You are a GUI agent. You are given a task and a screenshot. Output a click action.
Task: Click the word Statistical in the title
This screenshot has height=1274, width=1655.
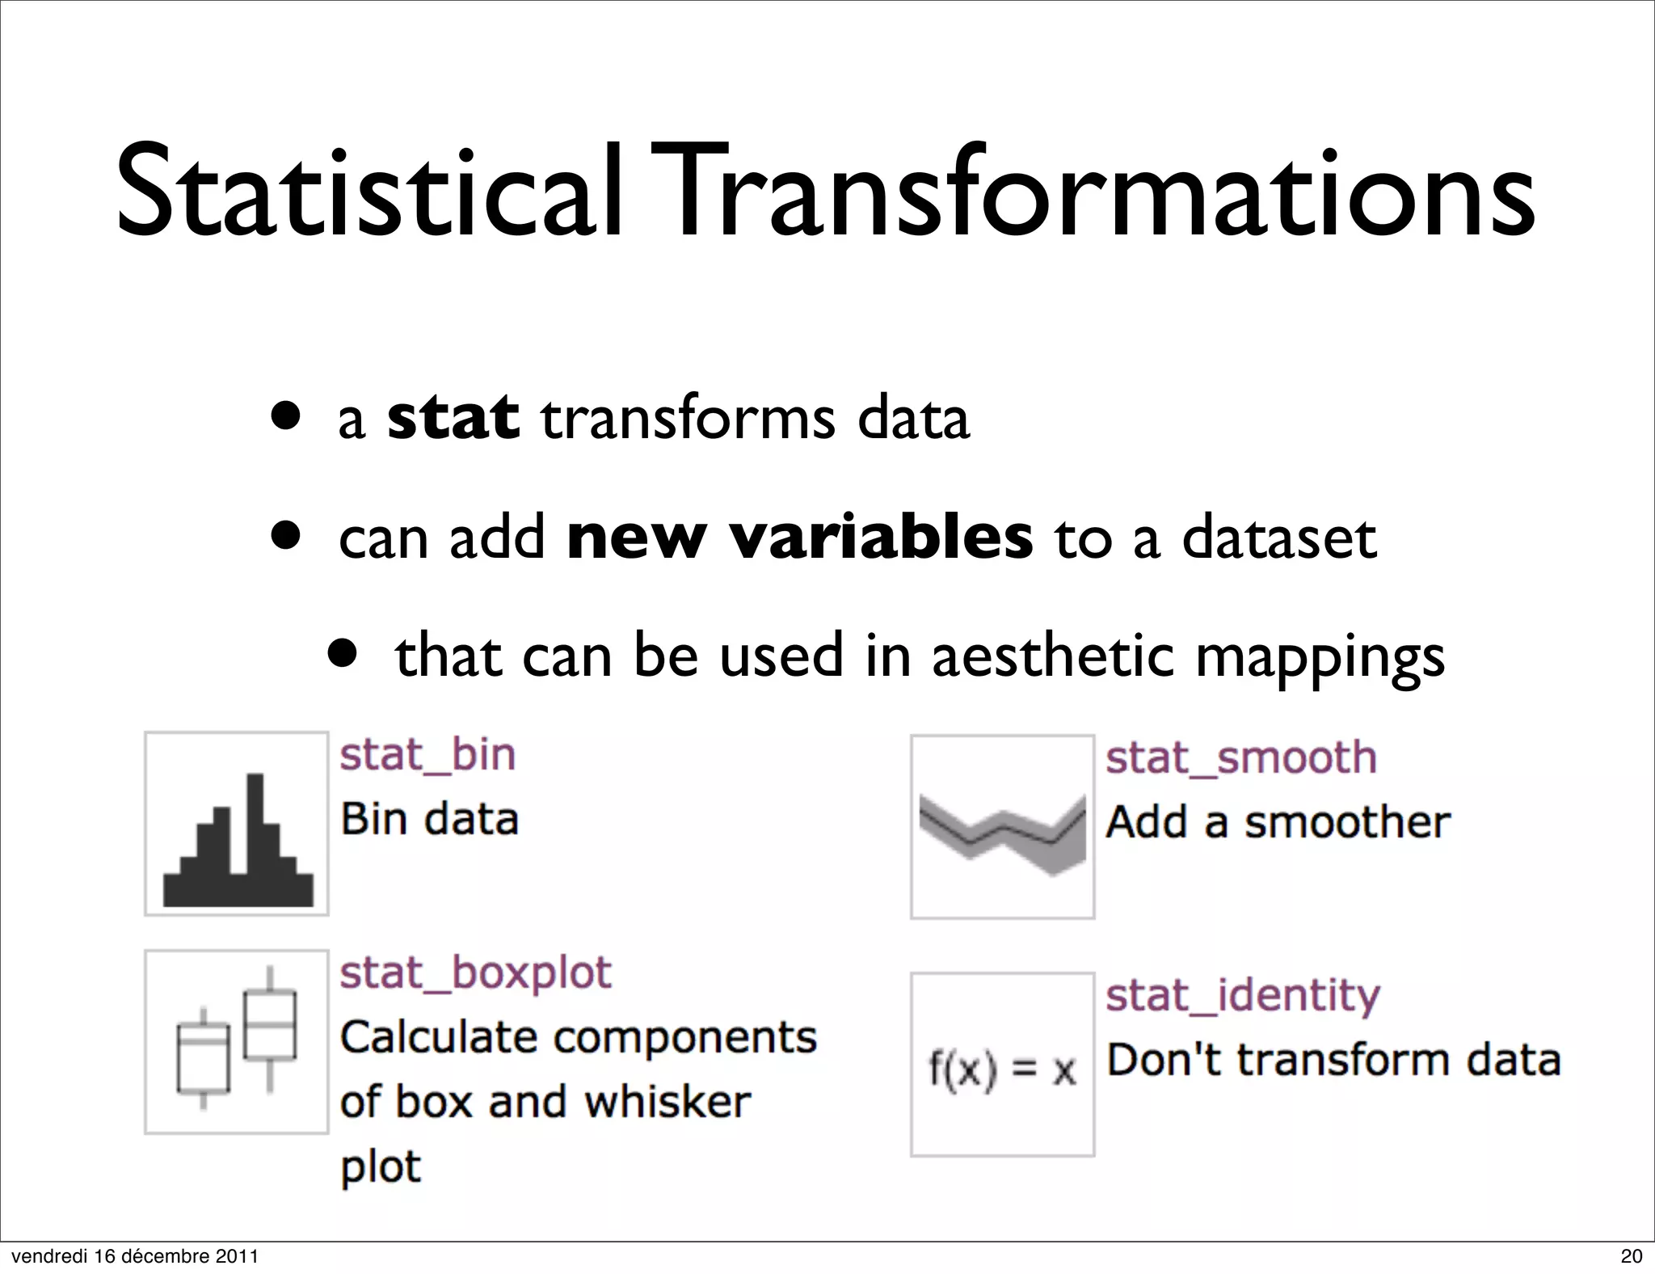368,194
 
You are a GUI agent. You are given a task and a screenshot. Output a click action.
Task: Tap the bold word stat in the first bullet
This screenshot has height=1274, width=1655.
453,418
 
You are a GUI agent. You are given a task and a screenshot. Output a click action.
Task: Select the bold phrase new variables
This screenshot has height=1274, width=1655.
799,537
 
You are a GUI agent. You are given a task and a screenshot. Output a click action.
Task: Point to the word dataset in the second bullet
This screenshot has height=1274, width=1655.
1278,538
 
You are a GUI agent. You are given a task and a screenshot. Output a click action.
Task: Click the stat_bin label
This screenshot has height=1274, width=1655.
427,755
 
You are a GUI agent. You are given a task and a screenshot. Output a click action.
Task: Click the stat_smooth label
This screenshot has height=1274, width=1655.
1240,758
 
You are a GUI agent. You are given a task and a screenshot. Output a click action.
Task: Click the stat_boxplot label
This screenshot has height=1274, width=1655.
475,972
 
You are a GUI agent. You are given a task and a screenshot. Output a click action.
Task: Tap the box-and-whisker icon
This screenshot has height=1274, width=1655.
237,1040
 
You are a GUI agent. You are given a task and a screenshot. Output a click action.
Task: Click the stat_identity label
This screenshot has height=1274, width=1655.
1242,995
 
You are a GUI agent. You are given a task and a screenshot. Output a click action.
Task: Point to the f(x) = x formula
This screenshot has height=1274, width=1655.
1002,1070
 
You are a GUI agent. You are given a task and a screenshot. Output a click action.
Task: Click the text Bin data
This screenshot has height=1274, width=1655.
429,819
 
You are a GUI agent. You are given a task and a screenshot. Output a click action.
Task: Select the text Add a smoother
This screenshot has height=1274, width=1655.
1278,822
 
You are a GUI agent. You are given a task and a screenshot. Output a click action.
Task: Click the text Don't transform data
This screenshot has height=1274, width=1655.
1333,1060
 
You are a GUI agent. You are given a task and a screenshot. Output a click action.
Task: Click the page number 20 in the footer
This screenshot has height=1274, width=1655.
1632,1256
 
